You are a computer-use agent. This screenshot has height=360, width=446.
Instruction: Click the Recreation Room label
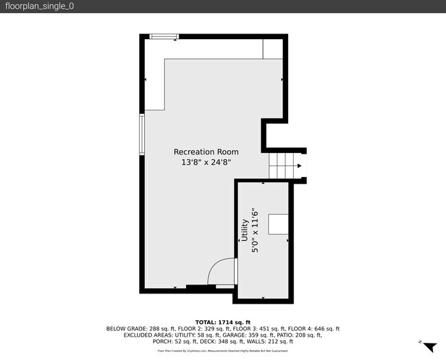[x=206, y=152]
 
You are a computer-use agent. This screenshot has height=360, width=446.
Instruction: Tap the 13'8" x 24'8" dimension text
[x=206, y=163]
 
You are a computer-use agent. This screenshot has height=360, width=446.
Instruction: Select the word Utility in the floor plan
[x=244, y=230]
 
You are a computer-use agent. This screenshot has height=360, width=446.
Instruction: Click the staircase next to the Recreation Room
[x=282, y=165]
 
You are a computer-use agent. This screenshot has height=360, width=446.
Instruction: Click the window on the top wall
[x=164, y=36]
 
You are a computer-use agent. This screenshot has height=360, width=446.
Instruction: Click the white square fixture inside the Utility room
[x=278, y=224]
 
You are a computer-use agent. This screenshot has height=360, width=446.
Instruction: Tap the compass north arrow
[x=430, y=347]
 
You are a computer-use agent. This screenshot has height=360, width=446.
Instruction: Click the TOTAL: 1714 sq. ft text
[x=223, y=322]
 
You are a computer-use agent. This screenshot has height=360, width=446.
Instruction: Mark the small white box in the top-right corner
[x=272, y=48]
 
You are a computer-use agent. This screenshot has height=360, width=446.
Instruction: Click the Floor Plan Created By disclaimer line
[x=223, y=350]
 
